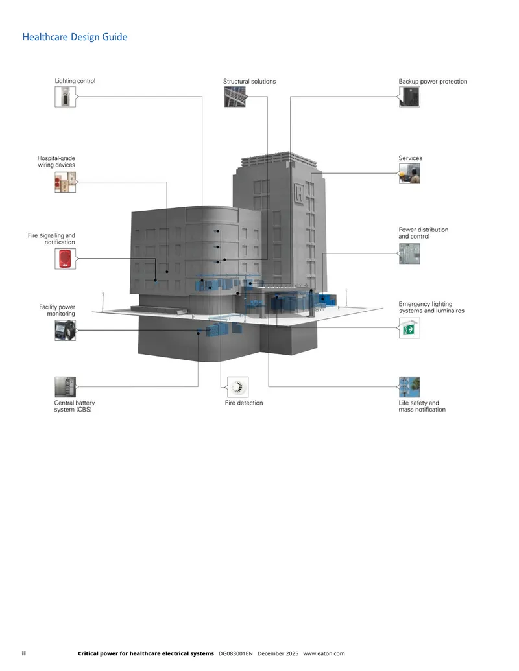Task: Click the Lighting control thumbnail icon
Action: [65, 97]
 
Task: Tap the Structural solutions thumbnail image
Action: [235, 97]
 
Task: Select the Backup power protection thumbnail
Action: [409, 97]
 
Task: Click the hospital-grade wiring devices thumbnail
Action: [65, 182]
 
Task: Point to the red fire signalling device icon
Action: [65, 259]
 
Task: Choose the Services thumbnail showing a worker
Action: [409, 173]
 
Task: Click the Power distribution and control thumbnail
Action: [409, 253]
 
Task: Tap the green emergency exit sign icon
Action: [409, 328]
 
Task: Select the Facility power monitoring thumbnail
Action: [65, 331]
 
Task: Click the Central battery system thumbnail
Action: [65, 387]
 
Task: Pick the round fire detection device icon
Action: [237, 387]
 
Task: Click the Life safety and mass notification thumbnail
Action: [409, 387]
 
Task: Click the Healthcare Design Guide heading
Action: [75, 37]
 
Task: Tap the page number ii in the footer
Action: [24, 653]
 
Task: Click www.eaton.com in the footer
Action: [324, 653]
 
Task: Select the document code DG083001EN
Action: [235, 653]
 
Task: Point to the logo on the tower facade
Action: [299, 193]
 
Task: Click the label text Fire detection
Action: [244, 403]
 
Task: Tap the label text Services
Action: [410, 158]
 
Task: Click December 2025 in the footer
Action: [278, 653]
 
